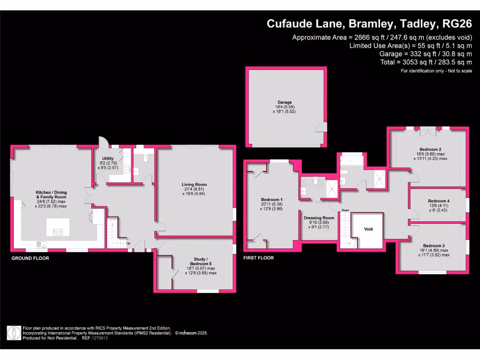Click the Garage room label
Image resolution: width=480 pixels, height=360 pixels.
(285, 102)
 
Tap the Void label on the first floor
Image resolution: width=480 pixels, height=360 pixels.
(368, 229)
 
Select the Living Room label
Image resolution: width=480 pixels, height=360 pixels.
(194, 184)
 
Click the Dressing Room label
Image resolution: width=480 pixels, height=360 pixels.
(319, 218)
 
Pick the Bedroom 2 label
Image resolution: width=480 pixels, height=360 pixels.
(428, 148)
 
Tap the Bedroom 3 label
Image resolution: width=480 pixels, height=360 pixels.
(434, 246)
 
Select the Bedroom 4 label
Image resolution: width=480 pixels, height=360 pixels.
(438, 201)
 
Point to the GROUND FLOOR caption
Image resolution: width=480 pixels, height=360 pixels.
(30, 258)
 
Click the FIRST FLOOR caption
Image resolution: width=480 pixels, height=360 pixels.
(258, 258)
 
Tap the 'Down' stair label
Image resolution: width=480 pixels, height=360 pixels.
(346, 210)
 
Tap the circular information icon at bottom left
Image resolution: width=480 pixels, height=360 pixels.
(14, 333)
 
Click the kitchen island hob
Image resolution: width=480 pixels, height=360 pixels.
(58, 231)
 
